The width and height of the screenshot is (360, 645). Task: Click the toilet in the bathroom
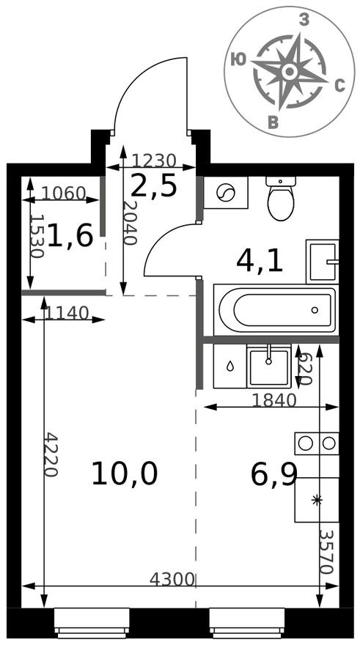tap(281, 199)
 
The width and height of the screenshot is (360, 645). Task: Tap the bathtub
tap(276, 309)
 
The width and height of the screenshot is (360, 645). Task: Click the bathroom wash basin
tap(323, 261)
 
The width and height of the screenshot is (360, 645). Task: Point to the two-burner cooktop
tap(317, 443)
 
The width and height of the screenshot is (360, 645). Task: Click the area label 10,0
tap(124, 474)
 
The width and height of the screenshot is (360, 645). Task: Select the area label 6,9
tap(273, 474)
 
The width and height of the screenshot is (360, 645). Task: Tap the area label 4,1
tap(260, 260)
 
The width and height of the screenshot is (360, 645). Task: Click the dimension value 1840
tap(273, 400)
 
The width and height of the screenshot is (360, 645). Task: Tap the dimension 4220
tap(51, 454)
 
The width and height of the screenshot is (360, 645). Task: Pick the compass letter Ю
tap(238, 60)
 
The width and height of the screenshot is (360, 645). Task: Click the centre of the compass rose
tap(289, 71)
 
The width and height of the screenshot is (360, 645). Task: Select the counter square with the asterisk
tap(317, 500)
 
